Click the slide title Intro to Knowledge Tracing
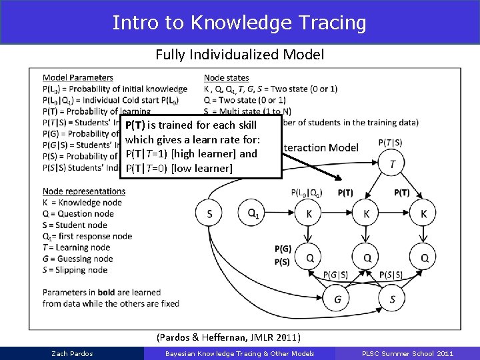click(x=239, y=23)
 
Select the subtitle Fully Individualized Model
click(x=239, y=55)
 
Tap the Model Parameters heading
click(x=77, y=78)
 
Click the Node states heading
click(x=226, y=78)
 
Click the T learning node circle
click(x=392, y=163)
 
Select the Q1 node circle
click(x=253, y=213)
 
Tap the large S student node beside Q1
click(x=210, y=213)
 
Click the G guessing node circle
click(x=338, y=299)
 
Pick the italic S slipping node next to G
click(x=392, y=299)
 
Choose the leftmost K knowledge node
click(x=309, y=213)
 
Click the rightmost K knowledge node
click(x=424, y=213)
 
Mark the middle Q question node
click(x=367, y=257)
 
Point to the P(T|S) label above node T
click(x=390, y=141)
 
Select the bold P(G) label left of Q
click(x=283, y=249)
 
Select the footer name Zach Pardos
click(x=72, y=353)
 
